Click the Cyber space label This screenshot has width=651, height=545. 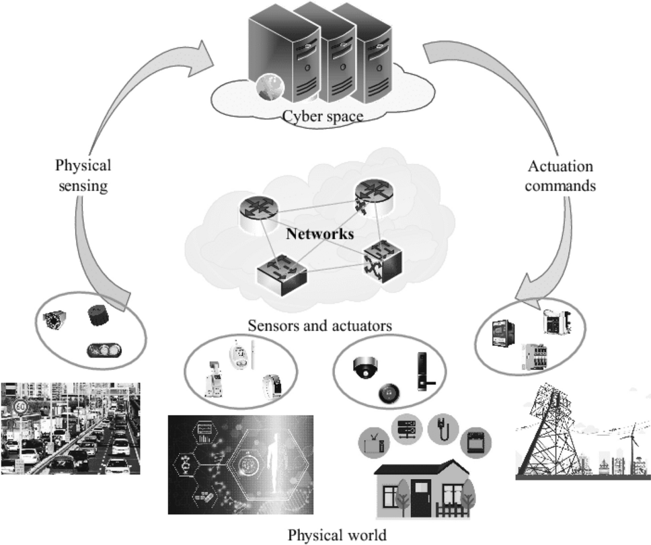322,116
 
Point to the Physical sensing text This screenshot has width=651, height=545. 83,175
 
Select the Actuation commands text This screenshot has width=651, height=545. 561,176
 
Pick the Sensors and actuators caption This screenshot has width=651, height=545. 320,326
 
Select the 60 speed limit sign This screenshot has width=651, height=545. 20,406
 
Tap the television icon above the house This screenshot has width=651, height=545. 375,440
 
